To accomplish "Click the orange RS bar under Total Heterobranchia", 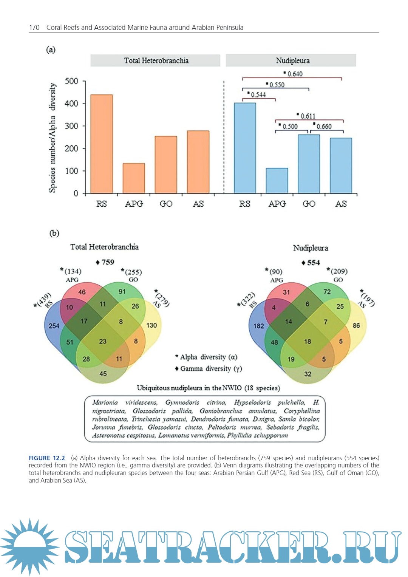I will [101, 144].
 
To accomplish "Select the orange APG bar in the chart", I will [134, 178].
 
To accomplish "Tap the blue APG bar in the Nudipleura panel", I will [277, 181].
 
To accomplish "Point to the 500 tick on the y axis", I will [71, 81].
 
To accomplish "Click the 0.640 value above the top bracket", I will [295, 74].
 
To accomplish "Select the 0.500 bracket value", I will [290, 127].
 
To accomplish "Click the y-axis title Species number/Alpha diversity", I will [52, 138].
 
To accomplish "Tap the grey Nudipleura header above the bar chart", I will [291, 60].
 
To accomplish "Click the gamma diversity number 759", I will [108, 262].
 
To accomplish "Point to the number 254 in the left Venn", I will [54, 326].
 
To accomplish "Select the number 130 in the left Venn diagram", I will [151, 325].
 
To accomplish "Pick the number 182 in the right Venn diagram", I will [259, 326].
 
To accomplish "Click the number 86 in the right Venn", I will [356, 325].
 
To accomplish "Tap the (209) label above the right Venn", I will [339, 271].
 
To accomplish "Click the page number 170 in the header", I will [34, 28].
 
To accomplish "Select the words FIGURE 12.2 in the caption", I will [47, 458].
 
